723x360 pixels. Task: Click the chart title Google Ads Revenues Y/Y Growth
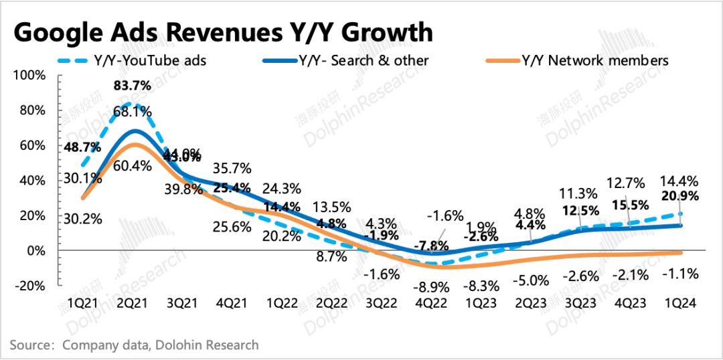coord(223,32)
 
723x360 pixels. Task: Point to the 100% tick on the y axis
coord(29,75)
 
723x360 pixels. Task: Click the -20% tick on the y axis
coord(29,286)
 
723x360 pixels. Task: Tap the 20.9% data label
coord(679,196)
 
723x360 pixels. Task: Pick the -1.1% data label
coord(679,273)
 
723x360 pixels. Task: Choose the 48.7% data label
coord(83,147)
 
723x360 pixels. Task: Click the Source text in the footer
coord(134,345)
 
